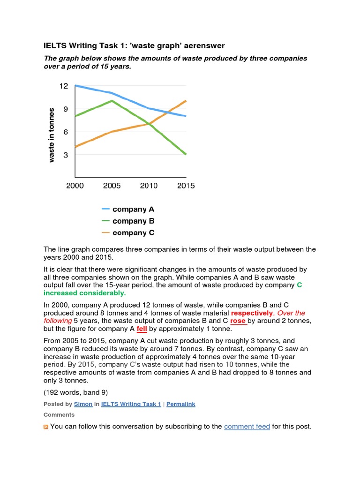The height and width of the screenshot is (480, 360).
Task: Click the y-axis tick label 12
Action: (x=63, y=86)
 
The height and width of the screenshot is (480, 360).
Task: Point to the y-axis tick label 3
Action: (x=66, y=155)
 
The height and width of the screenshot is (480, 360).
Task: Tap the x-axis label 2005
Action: (x=112, y=186)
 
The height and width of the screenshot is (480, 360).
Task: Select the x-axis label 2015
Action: (x=186, y=186)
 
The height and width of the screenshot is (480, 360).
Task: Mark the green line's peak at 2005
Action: (x=112, y=100)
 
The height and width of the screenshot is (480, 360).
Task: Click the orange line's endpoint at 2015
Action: (x=186, y=101)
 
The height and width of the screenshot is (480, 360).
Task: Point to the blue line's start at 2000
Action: (x=75, y=86)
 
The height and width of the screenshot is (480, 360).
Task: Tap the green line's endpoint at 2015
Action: (x=186, y=154)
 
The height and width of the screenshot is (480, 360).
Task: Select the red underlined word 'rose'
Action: (x=238, y=321)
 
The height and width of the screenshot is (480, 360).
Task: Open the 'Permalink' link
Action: (x=180, y=404)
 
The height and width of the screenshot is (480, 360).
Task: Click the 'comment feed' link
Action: (x=247, y=427)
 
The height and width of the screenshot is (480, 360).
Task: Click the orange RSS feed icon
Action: (x=46, y=427)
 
